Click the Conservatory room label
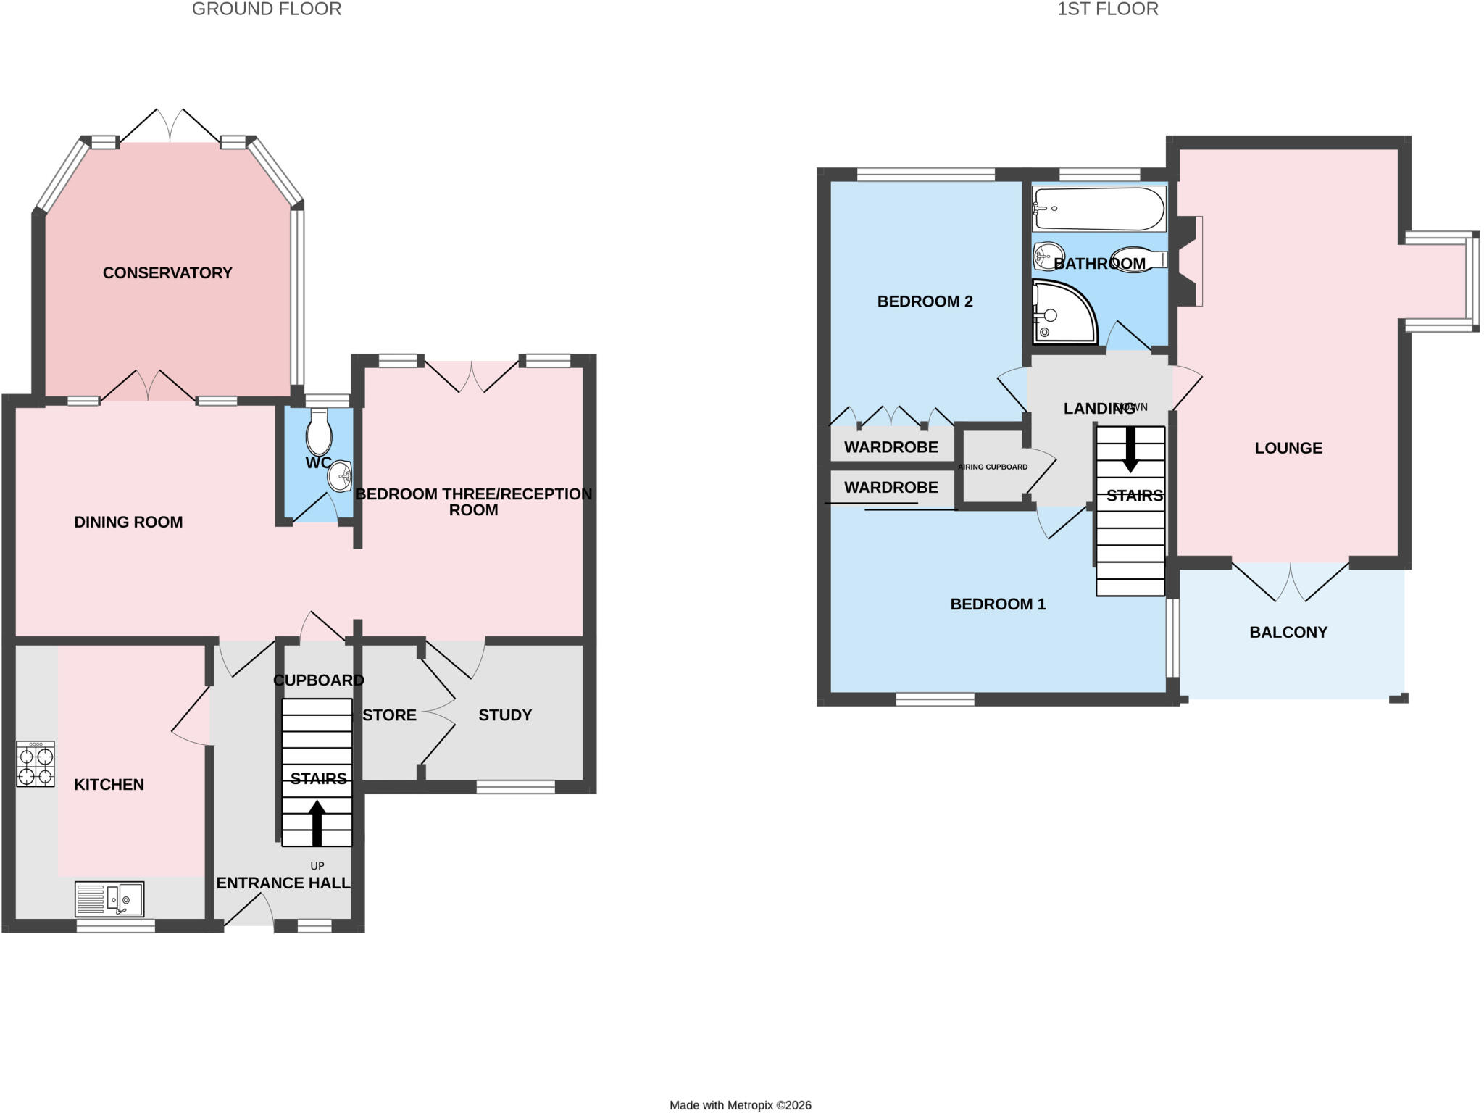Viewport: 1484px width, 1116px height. point(167,273)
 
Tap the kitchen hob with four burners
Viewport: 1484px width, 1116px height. point(36,764)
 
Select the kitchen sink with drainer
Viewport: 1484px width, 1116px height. point(109,899)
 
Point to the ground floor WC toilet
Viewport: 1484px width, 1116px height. point(319,431)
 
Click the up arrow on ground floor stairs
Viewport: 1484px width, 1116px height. point(317,823)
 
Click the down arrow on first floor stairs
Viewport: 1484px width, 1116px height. point(1130,449)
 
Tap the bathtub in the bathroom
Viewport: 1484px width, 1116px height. point(1099,209)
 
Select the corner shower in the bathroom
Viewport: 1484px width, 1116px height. point(1064,312)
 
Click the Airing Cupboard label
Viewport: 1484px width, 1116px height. point(993,467)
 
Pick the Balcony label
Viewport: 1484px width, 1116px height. point(1288,633)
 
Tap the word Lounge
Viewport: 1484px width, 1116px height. point(1288,449)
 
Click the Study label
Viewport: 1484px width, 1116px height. point(505,715)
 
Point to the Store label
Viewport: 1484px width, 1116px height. point(389,715)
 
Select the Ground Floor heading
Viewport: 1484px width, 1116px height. point(267,9)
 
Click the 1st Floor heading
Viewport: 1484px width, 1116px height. point(1107,9)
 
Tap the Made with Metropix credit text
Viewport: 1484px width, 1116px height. point(741,1105)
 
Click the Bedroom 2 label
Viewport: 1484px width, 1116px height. point(925,301)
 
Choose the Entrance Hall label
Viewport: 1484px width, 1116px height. point(283,883)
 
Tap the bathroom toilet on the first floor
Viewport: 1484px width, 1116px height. point(1138,260)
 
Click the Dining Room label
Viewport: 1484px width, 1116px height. point(128,522)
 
